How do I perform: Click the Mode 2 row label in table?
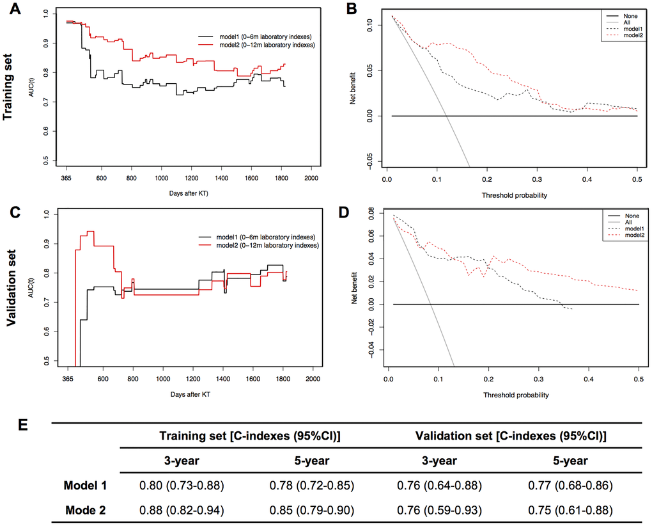coord(85,509)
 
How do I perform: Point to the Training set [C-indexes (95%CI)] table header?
coord(251,436)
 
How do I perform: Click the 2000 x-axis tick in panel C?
coord(313,378)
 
